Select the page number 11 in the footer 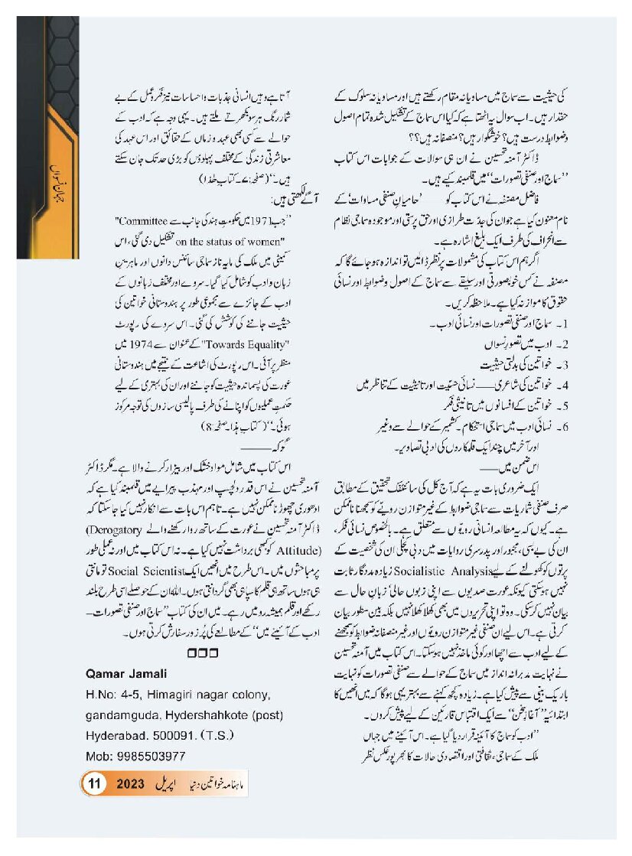coord(96,784)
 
